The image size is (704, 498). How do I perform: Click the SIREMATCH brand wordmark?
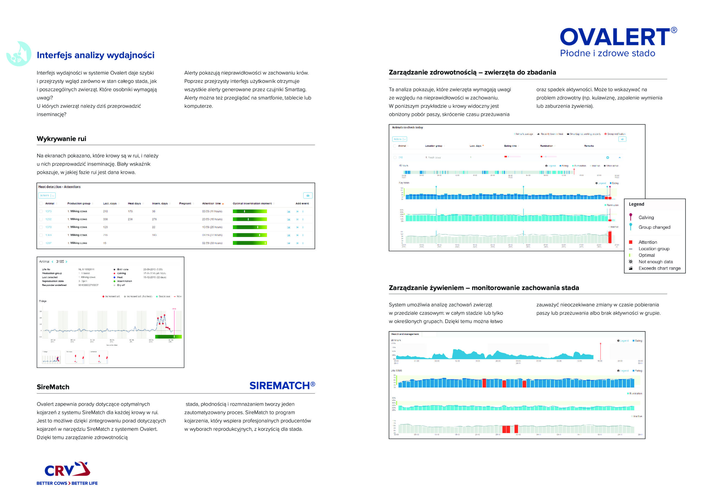click(282, 386)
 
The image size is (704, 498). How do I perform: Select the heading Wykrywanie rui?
click(61, 139)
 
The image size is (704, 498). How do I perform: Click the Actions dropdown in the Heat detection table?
click(46, 195)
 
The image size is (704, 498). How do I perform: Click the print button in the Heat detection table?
click(307, 195)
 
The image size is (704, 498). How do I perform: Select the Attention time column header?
click(211, 203)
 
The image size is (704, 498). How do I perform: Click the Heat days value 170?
click(130, 211)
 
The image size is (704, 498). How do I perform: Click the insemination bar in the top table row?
click(250, 211)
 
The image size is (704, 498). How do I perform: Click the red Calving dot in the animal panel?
click(114, 273)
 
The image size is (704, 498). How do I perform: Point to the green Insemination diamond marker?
click(114, 281)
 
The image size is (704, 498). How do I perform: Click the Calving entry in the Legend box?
click(646, 218)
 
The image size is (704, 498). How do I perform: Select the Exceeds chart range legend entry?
click(659, 268)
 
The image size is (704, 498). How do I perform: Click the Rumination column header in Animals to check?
click(546, 146)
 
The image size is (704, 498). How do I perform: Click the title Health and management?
click(405, 334)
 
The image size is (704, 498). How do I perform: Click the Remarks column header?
click(589, 146)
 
